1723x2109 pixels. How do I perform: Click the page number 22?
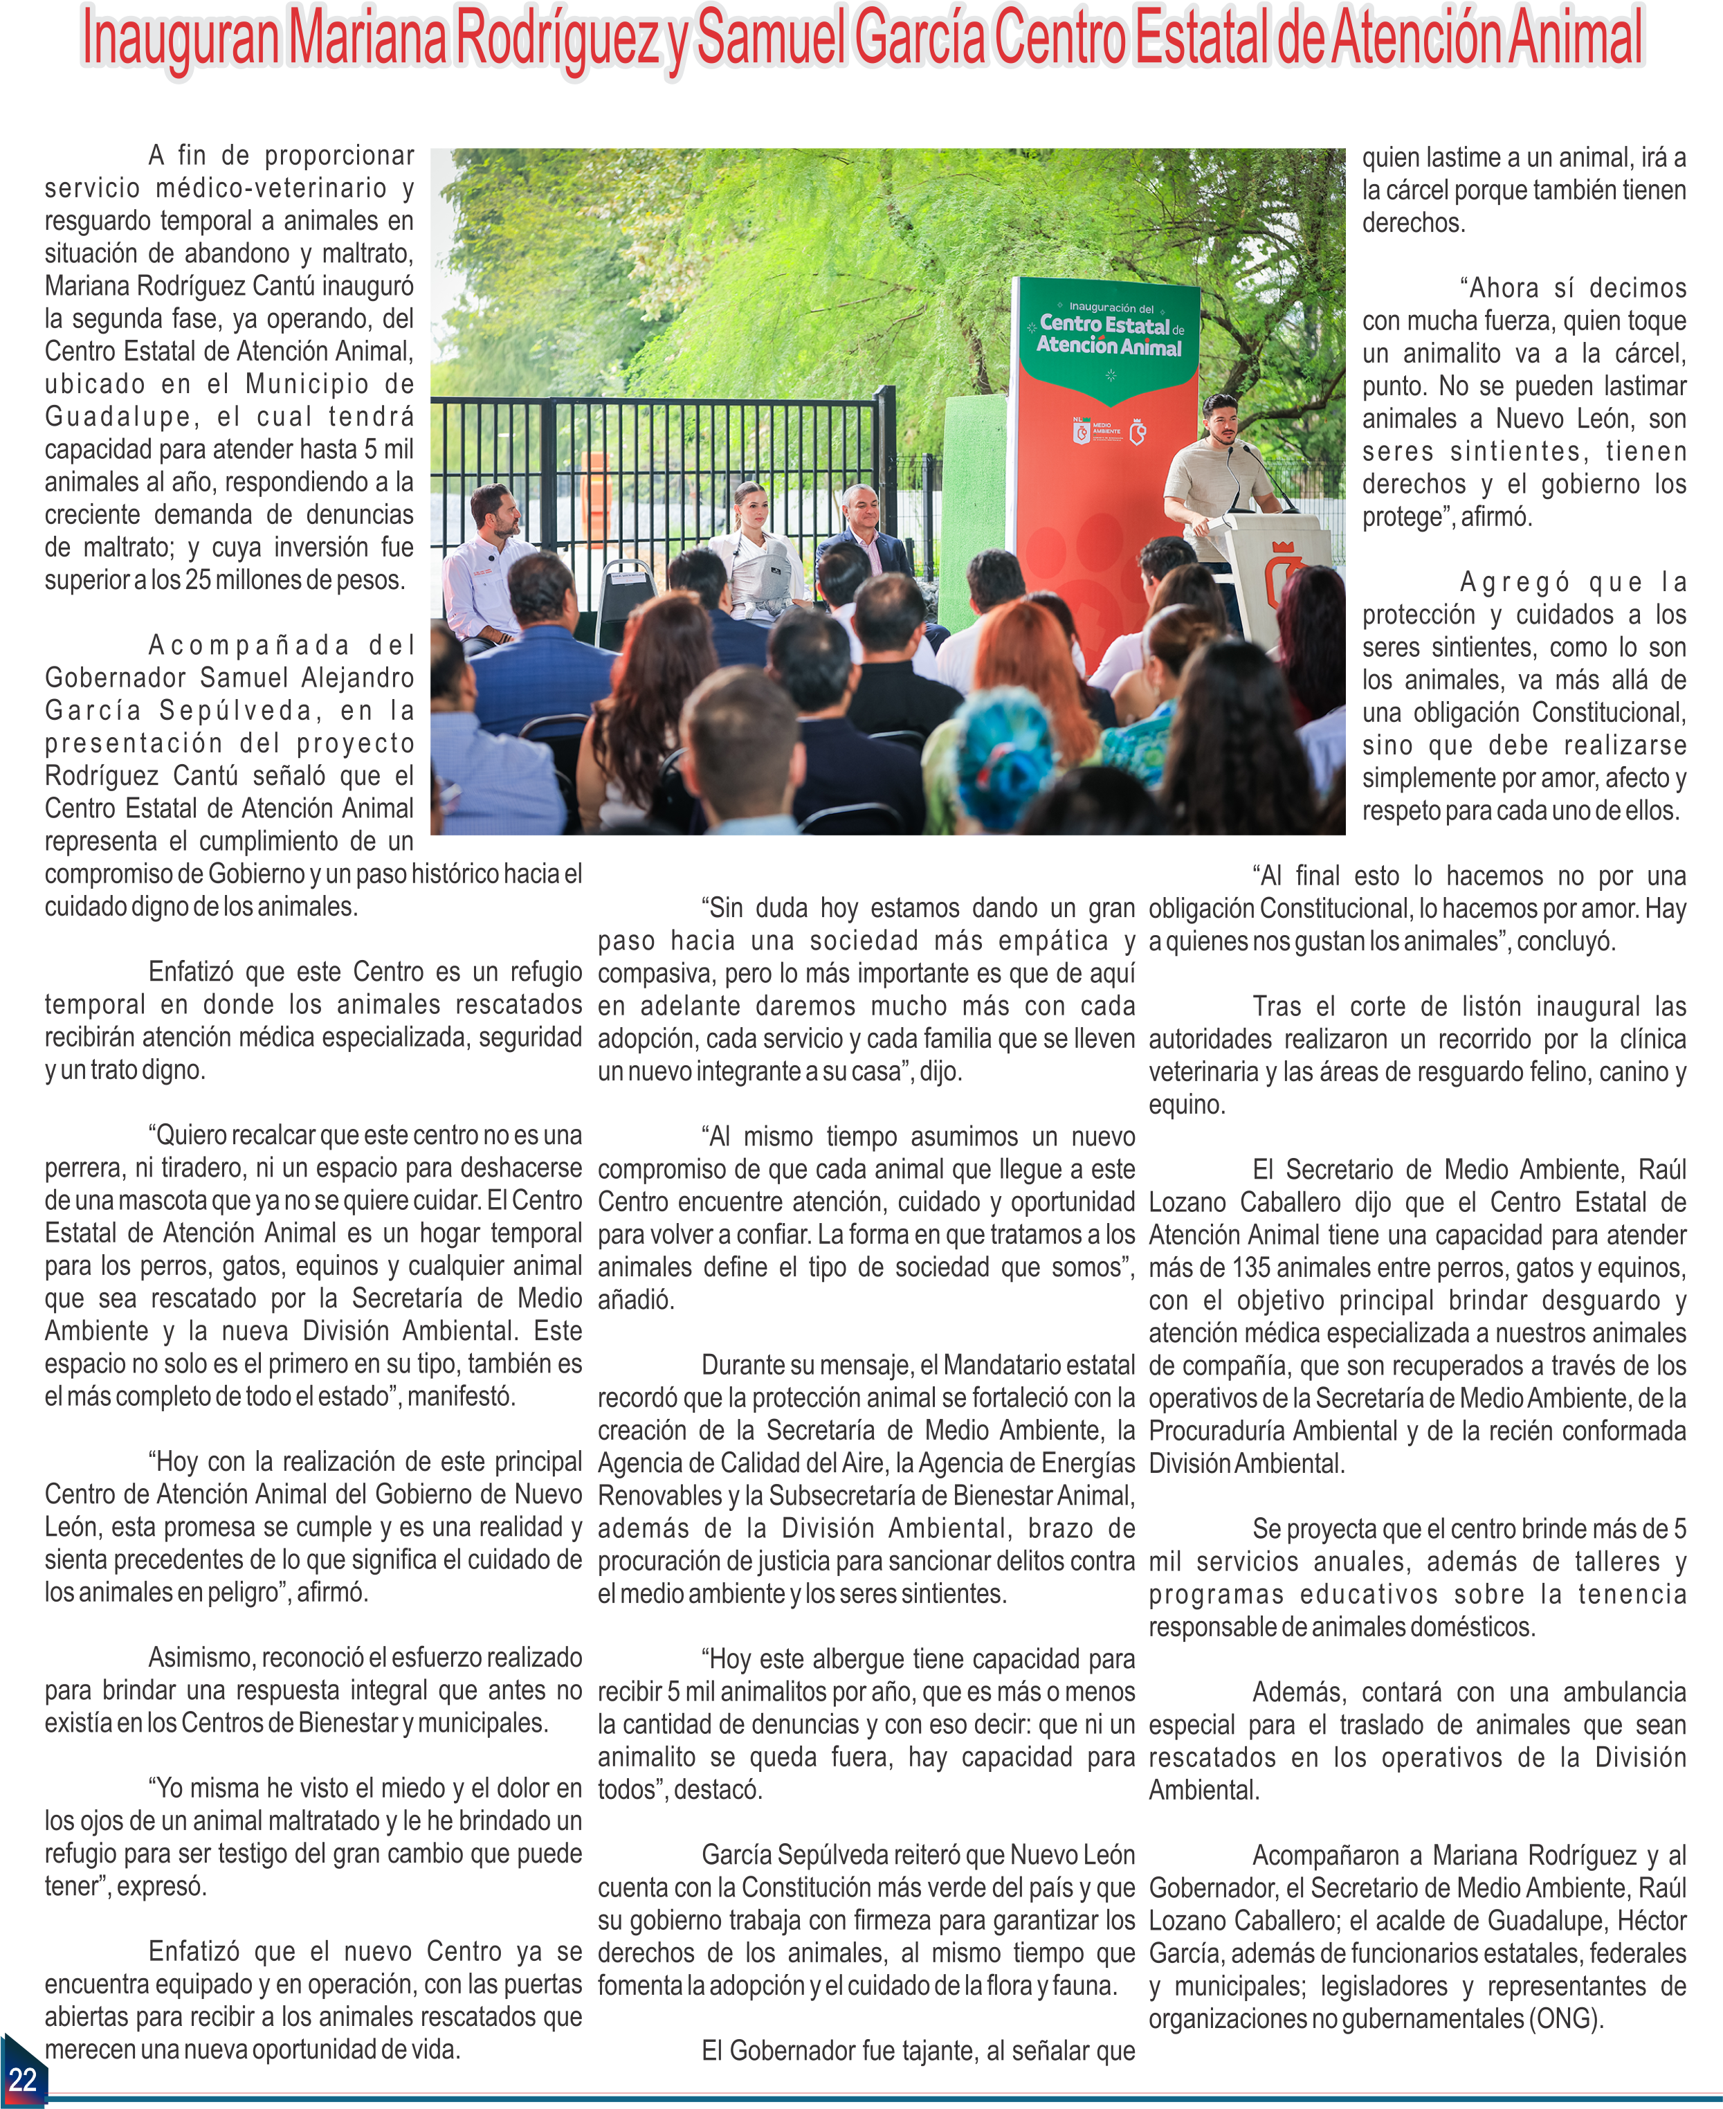(x=22, y=2079)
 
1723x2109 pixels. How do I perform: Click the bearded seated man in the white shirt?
(x=489, y=566)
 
